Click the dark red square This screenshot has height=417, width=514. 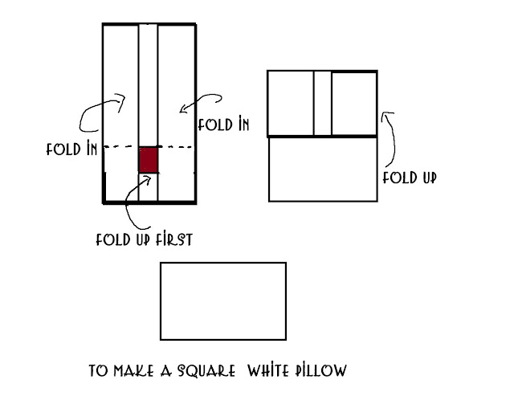149,159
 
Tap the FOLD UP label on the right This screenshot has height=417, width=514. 409,178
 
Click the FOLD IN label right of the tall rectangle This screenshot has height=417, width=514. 222,125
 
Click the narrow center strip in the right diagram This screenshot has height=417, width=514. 322,104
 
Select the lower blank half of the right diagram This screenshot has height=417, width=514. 321,169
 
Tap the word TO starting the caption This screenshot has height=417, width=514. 98,371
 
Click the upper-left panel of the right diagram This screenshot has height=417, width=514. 290,104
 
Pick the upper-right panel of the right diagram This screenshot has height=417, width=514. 353,104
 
